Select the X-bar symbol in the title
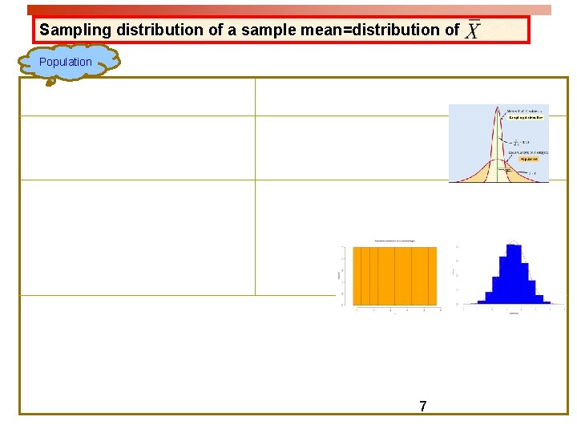click(473, 30)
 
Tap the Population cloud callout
click(66, 62)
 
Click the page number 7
click(423, 407)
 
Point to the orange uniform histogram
click(395, 275)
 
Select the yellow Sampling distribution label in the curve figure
click(525, 117)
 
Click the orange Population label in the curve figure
click(528, 159)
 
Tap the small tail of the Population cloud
click(50, 80)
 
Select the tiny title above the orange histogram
click(395, 241)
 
